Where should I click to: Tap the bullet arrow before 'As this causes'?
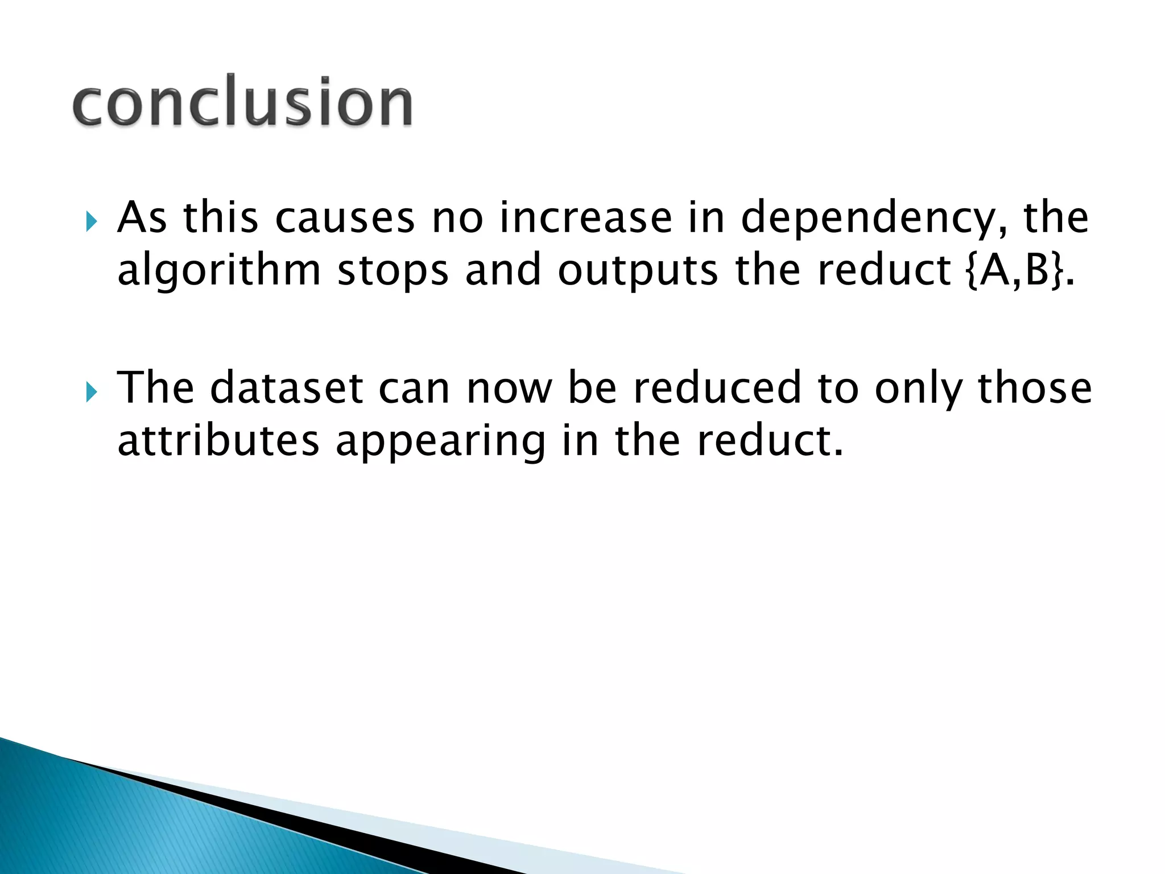92,221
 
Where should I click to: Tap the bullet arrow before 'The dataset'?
92,392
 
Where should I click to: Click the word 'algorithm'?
219,272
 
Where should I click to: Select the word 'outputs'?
638,272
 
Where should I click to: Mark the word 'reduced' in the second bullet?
717,388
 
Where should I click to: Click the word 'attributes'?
218,441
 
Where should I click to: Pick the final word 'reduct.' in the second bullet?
770,441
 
